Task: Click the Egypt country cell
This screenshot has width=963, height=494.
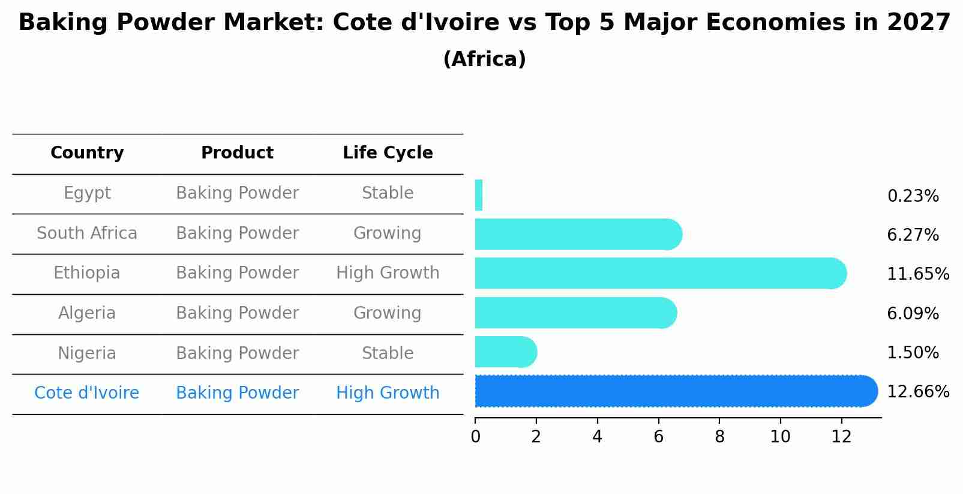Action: [x=87, y=193]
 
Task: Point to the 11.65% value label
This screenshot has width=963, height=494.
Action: [x=917, y=274]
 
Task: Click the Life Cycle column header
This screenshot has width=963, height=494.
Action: [x=388, y=153]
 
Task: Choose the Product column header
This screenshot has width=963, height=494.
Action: [x=237, y=153]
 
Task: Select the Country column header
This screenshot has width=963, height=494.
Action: [x=87, y=153]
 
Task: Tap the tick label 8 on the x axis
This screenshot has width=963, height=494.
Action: [x=719, y=437]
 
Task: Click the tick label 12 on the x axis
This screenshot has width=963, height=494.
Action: [x=841, y=437]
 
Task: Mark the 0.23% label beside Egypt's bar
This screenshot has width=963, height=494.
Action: [x=913, y=196]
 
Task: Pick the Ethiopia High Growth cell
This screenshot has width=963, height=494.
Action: [x=388, y=273]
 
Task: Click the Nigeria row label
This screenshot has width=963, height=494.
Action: [x=87, y=354]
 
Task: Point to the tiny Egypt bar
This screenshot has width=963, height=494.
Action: [x=479, y=195]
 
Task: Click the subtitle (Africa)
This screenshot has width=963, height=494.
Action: [x=484, y=59]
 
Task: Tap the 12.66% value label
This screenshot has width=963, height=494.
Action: [x=917, y=392]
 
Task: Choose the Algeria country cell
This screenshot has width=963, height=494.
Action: [x=87, y=313]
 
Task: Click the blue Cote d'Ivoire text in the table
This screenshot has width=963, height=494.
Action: [x=87, y=393]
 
